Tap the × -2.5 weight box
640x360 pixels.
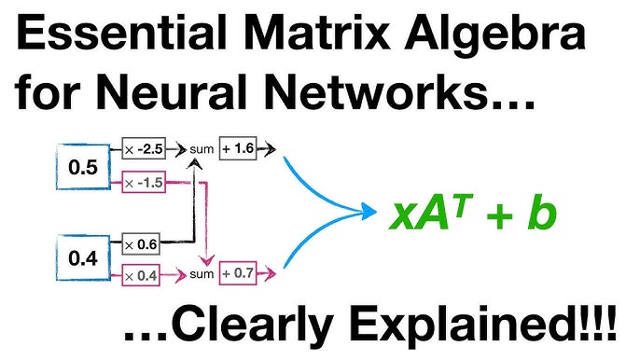coord(144,147)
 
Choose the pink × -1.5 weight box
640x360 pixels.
coord(144,182)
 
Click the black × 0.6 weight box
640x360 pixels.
coord(144,244)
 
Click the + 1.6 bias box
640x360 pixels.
coord(238,147)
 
